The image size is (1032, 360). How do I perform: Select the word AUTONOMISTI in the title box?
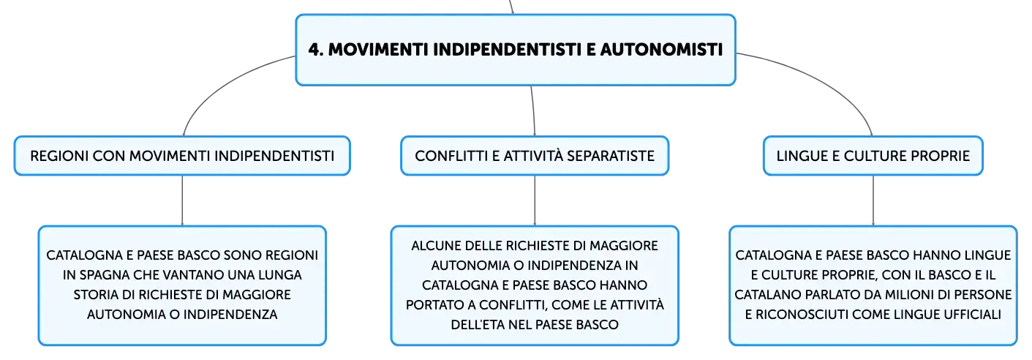click(x=661, y=50)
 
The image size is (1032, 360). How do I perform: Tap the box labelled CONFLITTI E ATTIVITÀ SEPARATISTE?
click(x=535, y=156)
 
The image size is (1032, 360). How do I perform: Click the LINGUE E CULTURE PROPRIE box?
click(x=873, y=156)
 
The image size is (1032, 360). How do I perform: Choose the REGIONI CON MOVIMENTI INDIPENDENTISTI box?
click(x=182, y=156)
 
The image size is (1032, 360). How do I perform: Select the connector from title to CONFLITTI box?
click(x=533, y=110)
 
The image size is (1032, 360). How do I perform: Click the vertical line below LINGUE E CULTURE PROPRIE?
click(x=873, y=200)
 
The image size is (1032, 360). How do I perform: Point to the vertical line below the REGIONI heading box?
click(x=182, y=200)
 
